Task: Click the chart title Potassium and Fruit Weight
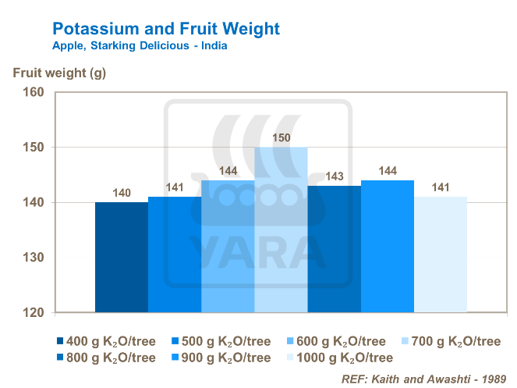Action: [165, 29]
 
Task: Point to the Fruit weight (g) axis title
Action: [59, 74]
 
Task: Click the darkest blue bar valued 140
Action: [121, 258]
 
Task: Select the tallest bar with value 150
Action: [281, 230]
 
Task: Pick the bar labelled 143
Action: [334, 250]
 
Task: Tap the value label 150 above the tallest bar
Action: [281, 138]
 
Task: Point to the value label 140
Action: [121, 193]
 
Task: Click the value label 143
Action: [334, 176]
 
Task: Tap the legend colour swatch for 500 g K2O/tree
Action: [175, 341]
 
